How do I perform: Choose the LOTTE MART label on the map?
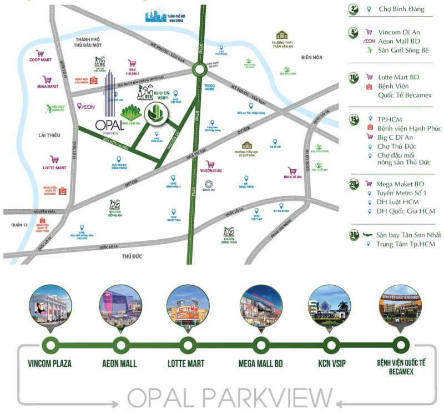tap(54, 168)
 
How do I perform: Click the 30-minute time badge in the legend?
tap(354, 235)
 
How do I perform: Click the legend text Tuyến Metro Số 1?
tap(401, 193)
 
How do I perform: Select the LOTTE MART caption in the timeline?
tap(186, 364)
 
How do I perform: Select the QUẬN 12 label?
tap(19, 225)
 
